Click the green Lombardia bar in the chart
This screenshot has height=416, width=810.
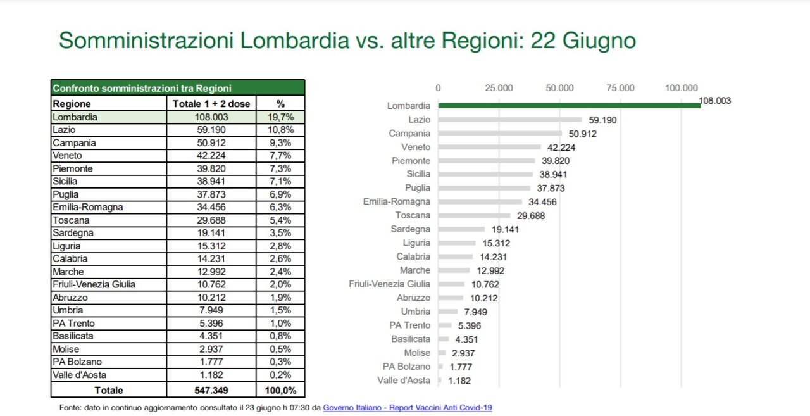(x=570, y=106)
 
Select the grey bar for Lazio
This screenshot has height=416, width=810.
(x=510, y=120)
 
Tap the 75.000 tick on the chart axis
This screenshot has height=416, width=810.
(x=620, y=88)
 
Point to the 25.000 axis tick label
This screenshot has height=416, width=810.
(x=499, y=88)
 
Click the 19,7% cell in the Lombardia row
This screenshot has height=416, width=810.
(x=280, y=117)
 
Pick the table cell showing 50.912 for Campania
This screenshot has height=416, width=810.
(x=211, y=143)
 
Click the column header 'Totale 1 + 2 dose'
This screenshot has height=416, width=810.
(x=211, y=104)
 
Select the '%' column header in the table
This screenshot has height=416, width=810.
(x=280, y=104)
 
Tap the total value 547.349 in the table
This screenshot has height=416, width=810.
(x=211, y=391)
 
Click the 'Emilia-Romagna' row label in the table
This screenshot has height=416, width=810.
(x=88, y=208)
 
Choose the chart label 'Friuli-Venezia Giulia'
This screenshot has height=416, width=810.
(x=389, y=284)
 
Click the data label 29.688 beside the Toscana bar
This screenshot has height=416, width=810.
(x=530, y=216)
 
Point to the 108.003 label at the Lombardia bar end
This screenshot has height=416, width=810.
(x=714, y=100)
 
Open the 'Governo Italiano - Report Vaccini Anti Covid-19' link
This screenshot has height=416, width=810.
(x=407, y=408)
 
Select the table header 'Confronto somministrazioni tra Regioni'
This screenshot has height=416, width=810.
(x=142, y=89)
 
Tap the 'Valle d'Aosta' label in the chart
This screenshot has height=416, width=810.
(x=404, y=381)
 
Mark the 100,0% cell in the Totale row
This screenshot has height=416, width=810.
(x=280, y=391)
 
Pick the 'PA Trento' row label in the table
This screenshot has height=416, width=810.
(x=73, y=324)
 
